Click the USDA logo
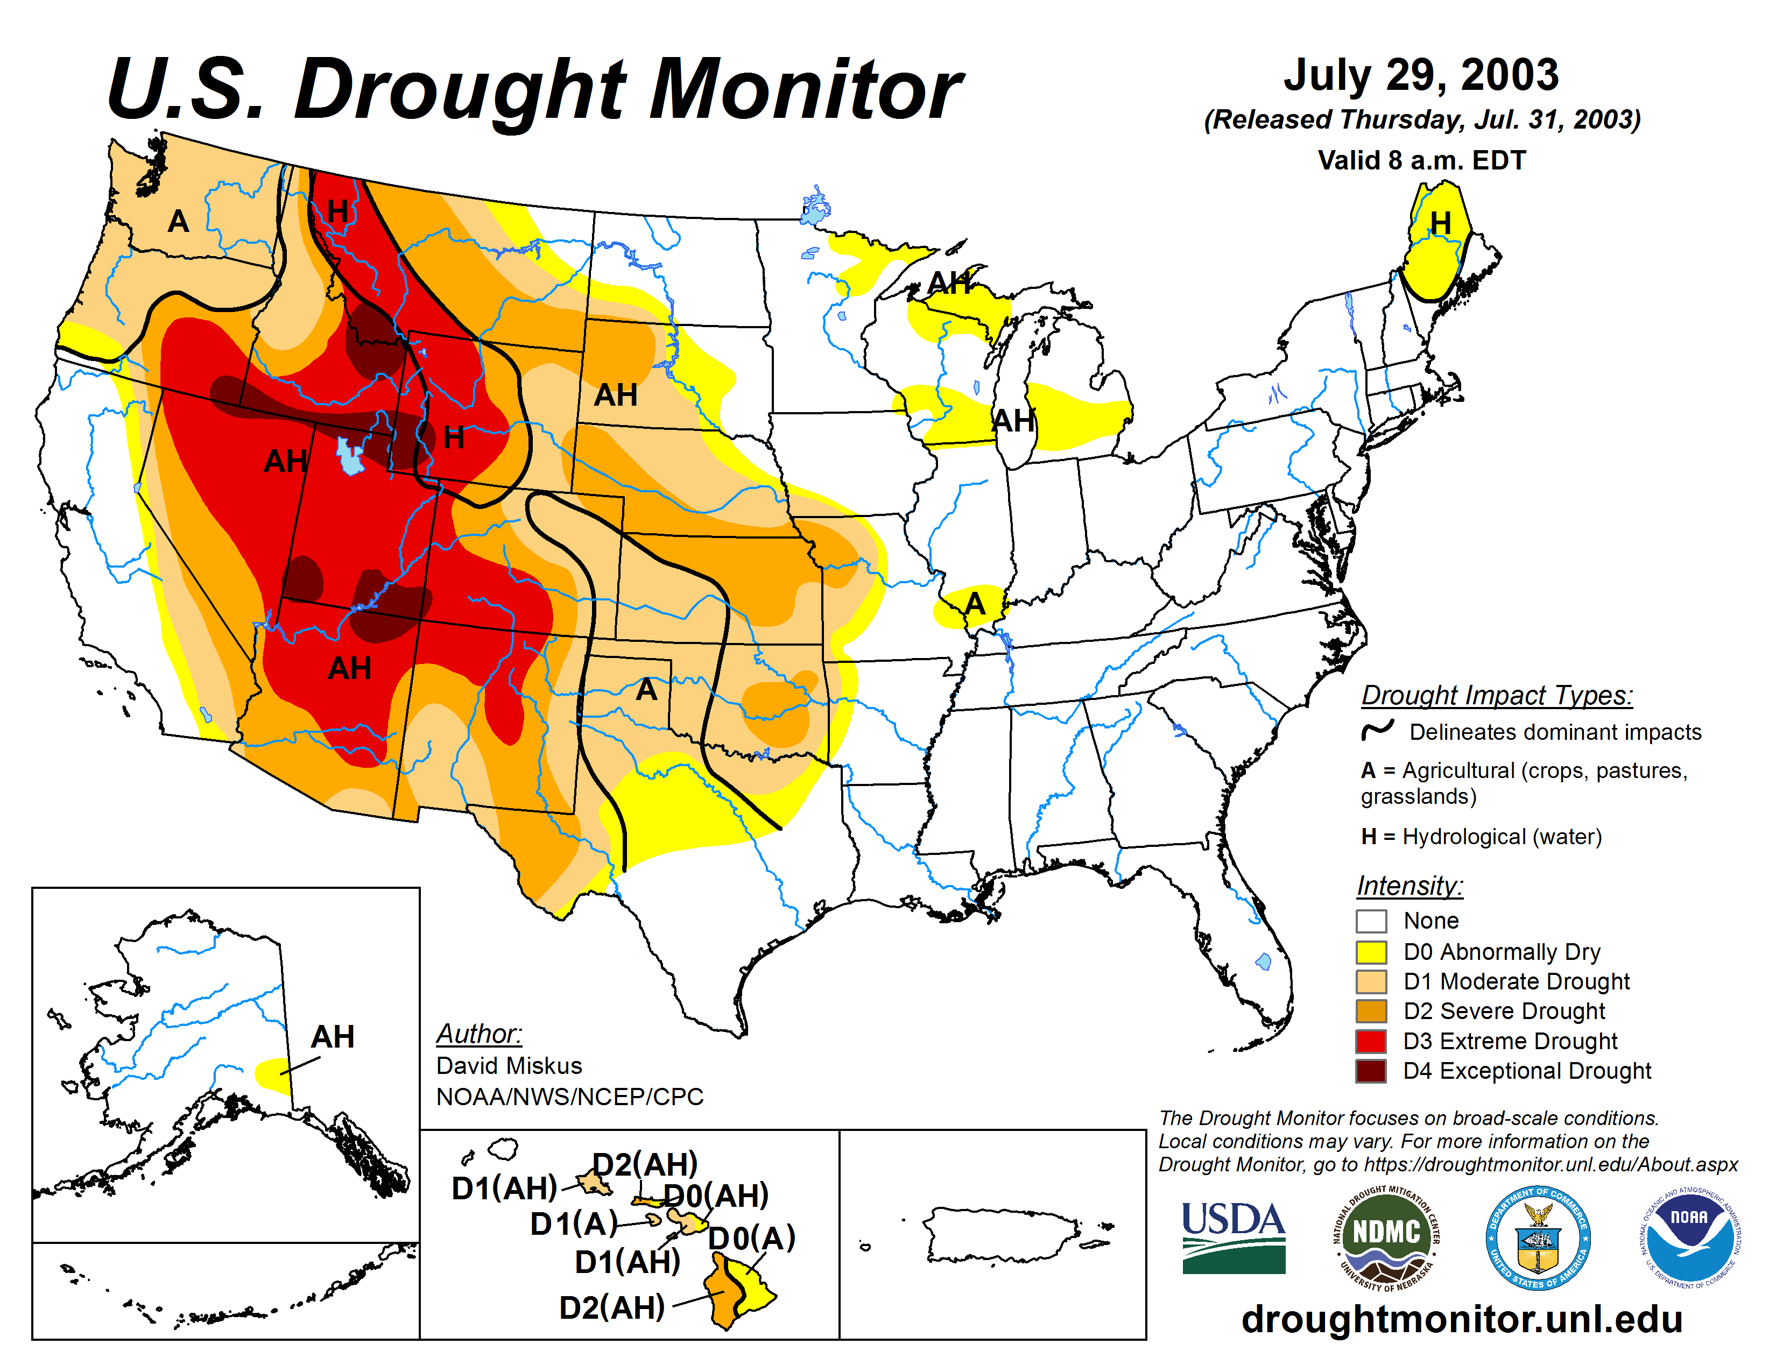[x=1233, y=1237]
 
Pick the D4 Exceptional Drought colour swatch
[x=1371, y=1071]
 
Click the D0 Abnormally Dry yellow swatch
[x=1371, y=952]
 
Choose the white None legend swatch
[x=1371, y=921]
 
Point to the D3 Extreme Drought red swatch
[x=1371, y=1041]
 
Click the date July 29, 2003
[x=1421, y=75]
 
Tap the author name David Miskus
[x=509, y=1065]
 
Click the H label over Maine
[x=1440, y=223]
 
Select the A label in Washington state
[x=178, y=221]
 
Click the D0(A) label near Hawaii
[x=751, y=1238]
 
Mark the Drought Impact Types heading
[x=1496, y=696]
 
